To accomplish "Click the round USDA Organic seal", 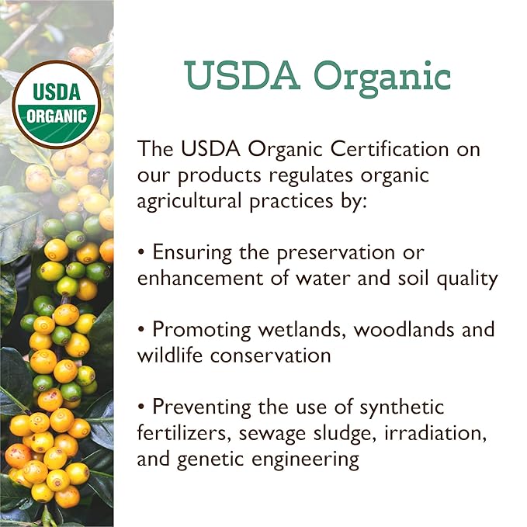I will point(57,104).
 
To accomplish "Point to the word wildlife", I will point(168,355).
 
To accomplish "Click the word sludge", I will point(346,432).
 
